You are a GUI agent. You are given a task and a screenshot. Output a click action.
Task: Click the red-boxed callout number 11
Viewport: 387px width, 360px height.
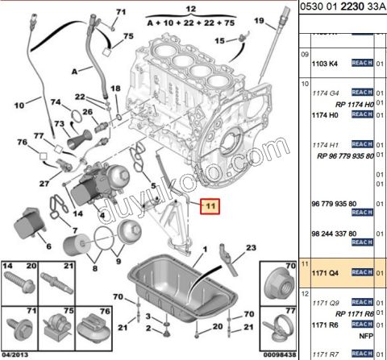(x=210, y=207)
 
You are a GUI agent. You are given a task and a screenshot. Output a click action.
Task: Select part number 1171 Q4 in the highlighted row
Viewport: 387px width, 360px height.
(x=327, y=273)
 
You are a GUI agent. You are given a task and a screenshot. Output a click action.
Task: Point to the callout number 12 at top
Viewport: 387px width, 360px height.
(x=190, y=9)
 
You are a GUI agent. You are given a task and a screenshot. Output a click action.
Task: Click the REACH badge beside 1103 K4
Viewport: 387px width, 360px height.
(x=361, y=62)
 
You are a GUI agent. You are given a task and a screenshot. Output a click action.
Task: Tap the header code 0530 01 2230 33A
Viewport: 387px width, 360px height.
(x=342, y=8)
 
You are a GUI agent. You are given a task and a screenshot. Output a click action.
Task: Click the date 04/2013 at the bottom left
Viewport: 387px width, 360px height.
(x=15, y=354)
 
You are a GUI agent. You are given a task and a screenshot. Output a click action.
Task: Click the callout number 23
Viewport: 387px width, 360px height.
(x=251, y=247)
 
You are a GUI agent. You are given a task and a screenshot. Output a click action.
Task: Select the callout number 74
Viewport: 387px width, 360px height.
(x=56, y=102)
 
